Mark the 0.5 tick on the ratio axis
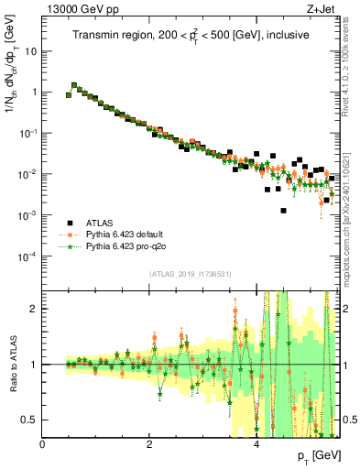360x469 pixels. pyautogui.click(x=30, y=420)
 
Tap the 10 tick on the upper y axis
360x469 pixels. pyautogui.click(x=30, y=50)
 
